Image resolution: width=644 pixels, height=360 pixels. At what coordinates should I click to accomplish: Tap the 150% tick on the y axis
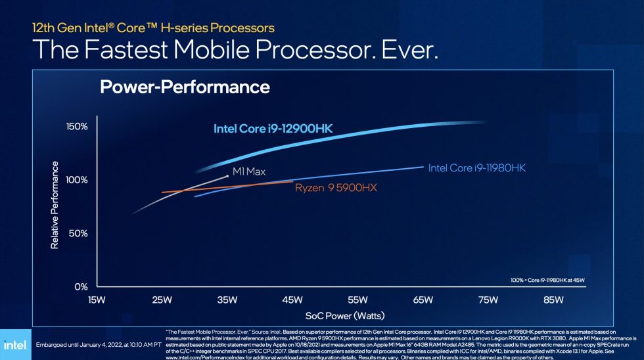click(76, 126)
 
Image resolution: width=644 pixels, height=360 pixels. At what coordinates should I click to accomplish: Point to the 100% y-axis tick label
click(76, 180)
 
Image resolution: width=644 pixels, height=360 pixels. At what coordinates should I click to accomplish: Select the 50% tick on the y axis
click(78, 233)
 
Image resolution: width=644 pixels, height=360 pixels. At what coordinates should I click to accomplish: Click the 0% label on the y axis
click(80, 287)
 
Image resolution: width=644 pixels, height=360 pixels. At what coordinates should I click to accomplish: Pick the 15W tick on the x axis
click(97, 301)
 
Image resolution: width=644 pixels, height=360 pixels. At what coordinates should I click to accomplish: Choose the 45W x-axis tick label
click(292, 301)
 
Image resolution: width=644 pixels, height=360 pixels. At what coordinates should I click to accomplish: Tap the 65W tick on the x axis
click(423, 301)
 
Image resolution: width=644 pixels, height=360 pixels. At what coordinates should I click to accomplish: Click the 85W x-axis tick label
click(553, 301)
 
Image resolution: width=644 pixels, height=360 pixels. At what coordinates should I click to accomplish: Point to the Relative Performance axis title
click(55, 205)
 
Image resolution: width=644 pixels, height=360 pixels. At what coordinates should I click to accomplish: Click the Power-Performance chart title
click(185, 87)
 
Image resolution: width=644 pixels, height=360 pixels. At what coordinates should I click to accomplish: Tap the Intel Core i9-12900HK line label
click(273, 129)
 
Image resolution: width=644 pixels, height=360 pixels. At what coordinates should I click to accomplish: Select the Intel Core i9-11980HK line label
click(477, 168)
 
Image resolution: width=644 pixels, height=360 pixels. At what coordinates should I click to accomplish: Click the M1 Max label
click(248, 171)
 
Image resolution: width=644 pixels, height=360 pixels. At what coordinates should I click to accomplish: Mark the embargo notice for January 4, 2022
click(98, 344)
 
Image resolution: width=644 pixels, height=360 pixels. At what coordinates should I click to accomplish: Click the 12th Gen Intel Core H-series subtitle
click(153, 28)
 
